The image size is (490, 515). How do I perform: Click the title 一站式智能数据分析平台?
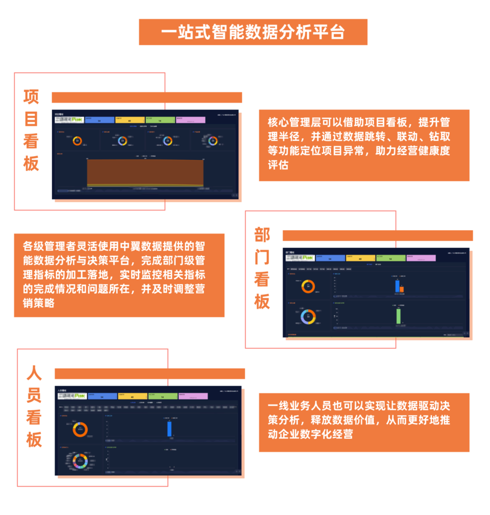coord(253,32)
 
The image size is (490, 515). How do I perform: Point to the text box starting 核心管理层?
coord(364,145)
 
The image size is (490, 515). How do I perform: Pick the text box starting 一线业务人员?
coord(364,422)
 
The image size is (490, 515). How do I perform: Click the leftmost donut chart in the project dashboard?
coord(77,141)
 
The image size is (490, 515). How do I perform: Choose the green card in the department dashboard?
coord(390,258)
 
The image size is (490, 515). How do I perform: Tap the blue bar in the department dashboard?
coord(397,286)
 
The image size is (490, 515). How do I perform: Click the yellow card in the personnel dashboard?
coord(132,396)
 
